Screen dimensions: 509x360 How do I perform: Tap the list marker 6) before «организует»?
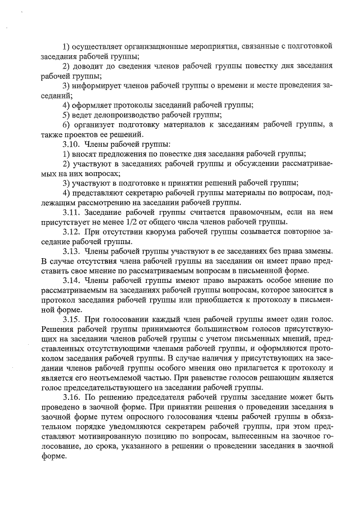click(66, 124)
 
